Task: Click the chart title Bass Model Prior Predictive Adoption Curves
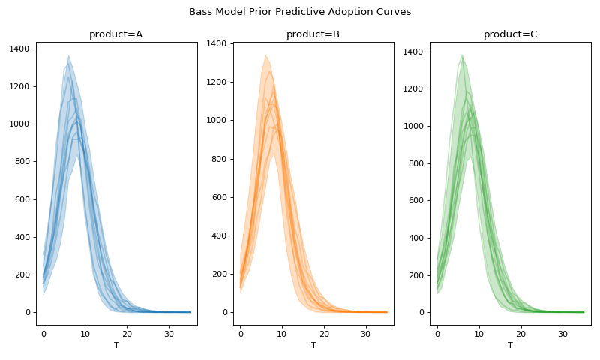(x=300, y=12)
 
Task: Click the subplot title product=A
(x=116, y=34)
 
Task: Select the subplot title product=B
(x=313, y=34)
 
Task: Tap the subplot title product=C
(x=510, y=34)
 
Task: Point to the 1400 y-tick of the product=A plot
(x=19, y=49)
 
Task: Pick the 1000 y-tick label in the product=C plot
(x=413, y=126)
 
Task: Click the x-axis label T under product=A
(x=116, y=345)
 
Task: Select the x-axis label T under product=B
(x=313, y=345)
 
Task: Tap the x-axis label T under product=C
(x=510, y=345)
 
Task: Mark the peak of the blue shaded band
(x=68, y=55)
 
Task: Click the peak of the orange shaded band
(x=265, y=55)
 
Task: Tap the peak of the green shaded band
(x=462, y=55)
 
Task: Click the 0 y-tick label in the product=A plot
(x=28, y=312)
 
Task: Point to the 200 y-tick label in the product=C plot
(x=416, y=275)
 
